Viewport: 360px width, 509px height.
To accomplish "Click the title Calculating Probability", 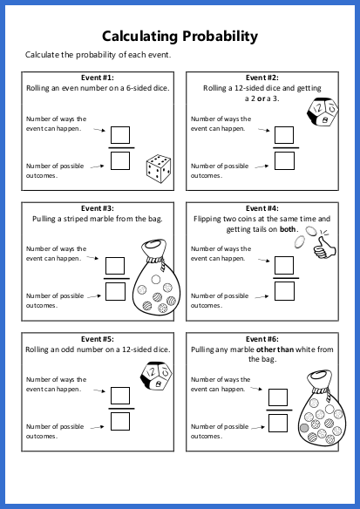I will (180, 36).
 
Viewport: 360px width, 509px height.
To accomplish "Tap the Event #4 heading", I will (262, 208).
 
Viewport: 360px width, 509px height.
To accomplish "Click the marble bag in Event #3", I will (153, 278).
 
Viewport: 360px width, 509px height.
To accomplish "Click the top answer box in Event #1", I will (120, 135).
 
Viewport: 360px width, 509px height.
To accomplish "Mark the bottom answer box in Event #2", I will (283, 160).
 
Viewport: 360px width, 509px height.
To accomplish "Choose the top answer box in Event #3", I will (115, 266).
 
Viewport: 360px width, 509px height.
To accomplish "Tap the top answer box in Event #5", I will (120, 397).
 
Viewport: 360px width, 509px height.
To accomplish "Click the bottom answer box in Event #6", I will (277, 422).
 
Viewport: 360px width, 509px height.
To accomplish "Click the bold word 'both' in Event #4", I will (288, 229).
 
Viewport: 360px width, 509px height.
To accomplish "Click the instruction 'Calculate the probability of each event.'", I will (98, 56).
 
